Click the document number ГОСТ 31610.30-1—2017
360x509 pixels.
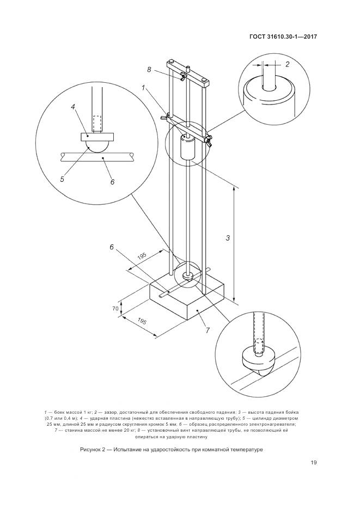click(x=283, y=36)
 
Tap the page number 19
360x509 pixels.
click(x=314, y=463)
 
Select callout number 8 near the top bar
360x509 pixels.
click(x=149, y=70)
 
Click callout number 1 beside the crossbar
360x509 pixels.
click(x=143, y=88)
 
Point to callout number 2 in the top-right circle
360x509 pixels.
click(x=287, y=64)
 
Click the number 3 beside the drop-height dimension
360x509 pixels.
click(x=228, y=238)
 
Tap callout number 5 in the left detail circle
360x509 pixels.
click(x=62, y=179)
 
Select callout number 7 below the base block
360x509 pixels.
click(x=208, y=330)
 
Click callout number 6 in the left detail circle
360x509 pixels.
click(x=112, y=182)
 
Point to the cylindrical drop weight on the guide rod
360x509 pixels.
click(x=187, y=147)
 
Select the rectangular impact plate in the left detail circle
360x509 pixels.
click(x=97, y=137)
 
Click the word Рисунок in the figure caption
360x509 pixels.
click(x=90, y=450)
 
